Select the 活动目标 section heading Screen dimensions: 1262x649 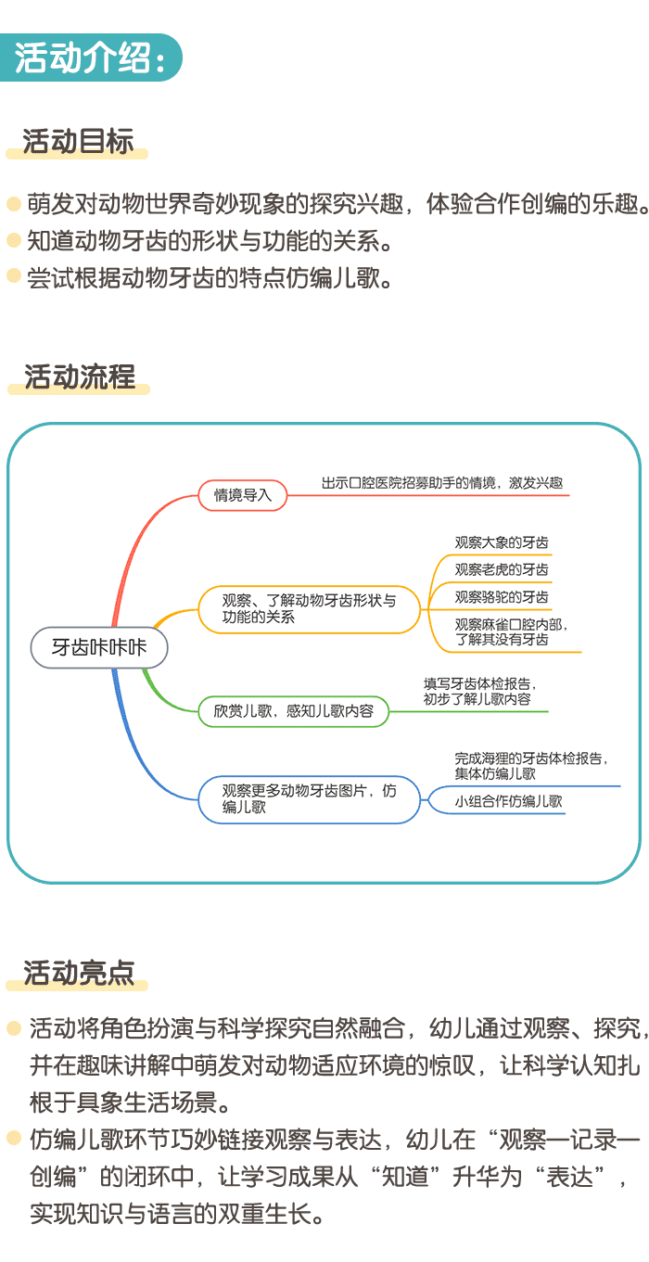point(79,141)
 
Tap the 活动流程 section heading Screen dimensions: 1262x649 point(80,376)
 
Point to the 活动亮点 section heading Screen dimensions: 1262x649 point(79,973)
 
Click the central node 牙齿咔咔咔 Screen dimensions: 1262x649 point(99,647)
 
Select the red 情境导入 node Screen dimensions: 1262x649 point(243,495)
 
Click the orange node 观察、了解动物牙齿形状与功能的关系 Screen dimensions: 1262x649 point(309,608)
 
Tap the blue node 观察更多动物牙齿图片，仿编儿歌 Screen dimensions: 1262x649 point(309,798)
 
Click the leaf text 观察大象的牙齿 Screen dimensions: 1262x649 point(494,542)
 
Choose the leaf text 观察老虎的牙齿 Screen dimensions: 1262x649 point(502,569)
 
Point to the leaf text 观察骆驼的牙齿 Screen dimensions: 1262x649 point(502,596)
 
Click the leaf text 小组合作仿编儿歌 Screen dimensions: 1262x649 point(509,801)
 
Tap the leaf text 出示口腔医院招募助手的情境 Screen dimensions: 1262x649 point(442,483)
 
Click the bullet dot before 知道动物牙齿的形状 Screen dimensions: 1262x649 point(13,240)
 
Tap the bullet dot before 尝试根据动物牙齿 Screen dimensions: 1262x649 point(13,275)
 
